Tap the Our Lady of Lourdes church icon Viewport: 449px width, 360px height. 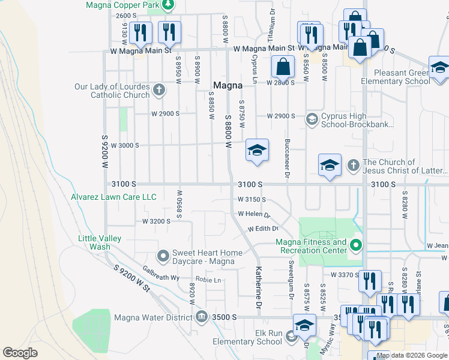pos(158,91)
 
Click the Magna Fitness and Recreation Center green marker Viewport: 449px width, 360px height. pos(356,245)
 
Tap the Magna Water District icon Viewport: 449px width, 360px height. pos(202,316)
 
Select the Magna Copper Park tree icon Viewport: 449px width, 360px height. pos(169,5)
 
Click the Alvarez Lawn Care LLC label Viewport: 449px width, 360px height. pos(113,197)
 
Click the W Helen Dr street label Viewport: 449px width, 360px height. pos(254,214)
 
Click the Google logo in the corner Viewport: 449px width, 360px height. pos(20,352)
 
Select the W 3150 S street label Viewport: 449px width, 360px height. pos(252,199)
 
